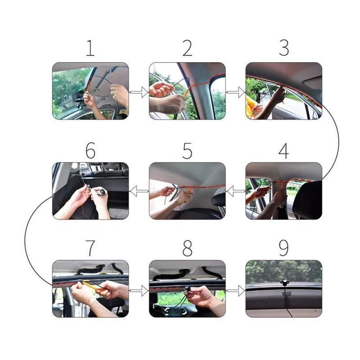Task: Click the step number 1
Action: (90, 48)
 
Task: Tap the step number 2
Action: (187, 48)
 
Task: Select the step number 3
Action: (284, 48)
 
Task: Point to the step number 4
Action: (284, 151)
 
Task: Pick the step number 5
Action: (187, 151)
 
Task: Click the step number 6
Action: (90, 151)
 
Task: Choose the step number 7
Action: (90, 248)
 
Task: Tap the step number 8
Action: (187, 248)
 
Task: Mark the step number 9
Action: (284, 248)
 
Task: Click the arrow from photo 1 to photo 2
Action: (139, 92)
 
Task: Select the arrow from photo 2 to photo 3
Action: (236, 92)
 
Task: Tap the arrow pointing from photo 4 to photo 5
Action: (236, 191)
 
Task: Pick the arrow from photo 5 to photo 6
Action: (139, 191)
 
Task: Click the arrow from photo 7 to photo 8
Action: (139, 291)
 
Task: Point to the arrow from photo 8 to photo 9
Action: (236, 291)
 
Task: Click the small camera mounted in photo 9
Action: (284, 283)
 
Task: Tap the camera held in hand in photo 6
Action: (102, 192)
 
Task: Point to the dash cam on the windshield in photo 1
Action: (79, 98)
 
